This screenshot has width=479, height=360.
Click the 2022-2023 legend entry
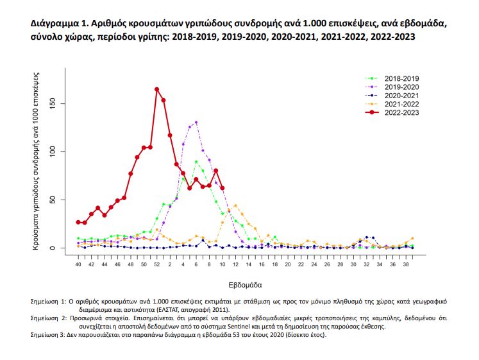pyautogui.click(x=392, y=112)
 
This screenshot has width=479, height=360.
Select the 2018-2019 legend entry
pyautogui.click(x=392, y=78)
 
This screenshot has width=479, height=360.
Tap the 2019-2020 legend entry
pyautogui.click(x=392, y=87)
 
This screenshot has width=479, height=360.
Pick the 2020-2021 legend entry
pyautogui.click(x=392, y=96)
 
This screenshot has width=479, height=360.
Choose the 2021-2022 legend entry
pyautogui.click(x=392, y=104)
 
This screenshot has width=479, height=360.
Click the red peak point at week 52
pyautogui.click(x=156, y=90)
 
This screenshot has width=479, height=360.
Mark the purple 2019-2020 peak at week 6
pyautogui.click(x=196, y=123)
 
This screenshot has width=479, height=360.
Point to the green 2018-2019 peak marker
pyautogui.click(x=196, y=162)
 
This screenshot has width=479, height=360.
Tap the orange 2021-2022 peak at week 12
pyautogui.click(x=235, y=206)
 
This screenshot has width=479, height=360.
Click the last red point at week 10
pyautogui.click(x=223, y=188)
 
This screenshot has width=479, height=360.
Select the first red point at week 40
pyautogui.click(x=78, y=222)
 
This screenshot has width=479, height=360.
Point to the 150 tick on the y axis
pyautogui.click(x=53, y=103)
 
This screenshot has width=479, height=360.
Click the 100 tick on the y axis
pyautogui.click(x=53, y=151)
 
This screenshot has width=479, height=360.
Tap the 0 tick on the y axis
pyautogui.click(x=53, y=248)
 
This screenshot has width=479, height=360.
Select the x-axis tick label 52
pyautogui.click(x=156, y=264)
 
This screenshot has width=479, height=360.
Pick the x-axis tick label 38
pyautogui.click(x=406, y=264)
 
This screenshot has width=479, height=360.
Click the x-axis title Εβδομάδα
pyautogui.click(x=246, y=285)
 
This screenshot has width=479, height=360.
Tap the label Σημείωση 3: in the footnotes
pyautogui.click(x=48, y=334)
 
